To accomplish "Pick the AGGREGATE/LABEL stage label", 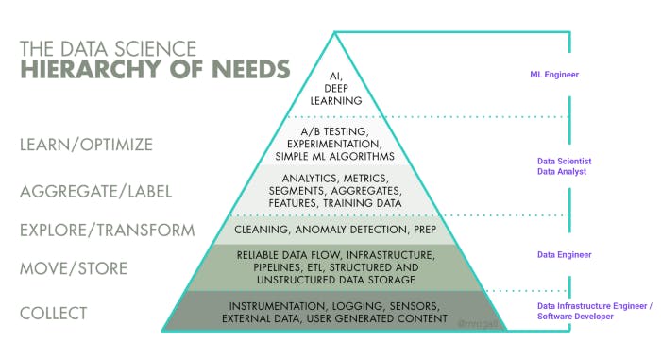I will [x=95, y=191].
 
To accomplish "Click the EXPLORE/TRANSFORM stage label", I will [x=107, y=230].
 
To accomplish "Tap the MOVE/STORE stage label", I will [x=73, y=269].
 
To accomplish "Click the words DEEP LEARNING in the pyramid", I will [x=335, y=94].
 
